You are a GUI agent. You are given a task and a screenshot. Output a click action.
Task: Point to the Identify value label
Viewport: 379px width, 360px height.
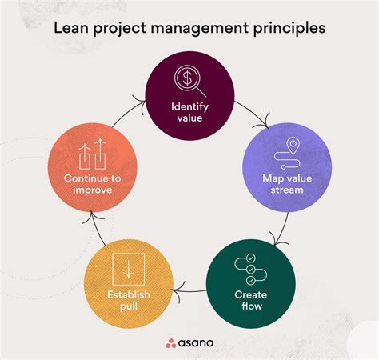pyautogui.click(x=189, y=114)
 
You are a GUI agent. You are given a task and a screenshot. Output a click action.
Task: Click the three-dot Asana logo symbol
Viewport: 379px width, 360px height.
pyautogui.click(x=170, y=344)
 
